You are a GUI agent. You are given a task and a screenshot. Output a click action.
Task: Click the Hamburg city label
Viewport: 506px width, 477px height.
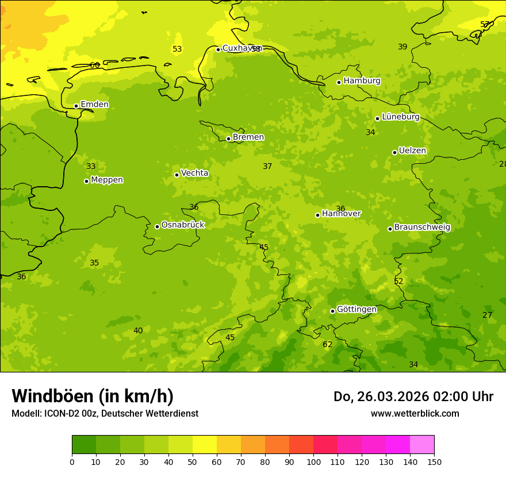tap(362, 81)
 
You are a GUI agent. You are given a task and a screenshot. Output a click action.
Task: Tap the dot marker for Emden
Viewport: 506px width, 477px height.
tap(76, 106)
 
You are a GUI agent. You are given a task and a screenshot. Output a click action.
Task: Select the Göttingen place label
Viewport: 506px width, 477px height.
tap(356, 309)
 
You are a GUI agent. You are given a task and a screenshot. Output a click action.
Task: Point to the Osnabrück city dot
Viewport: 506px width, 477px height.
tap(157, 226)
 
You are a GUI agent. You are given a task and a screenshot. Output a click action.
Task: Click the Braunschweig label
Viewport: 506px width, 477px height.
tap(422, 227)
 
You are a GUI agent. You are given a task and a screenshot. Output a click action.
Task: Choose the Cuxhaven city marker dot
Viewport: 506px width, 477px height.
tap(218, 49)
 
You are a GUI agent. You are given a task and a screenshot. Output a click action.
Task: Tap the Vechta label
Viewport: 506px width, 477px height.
tap(194, 173)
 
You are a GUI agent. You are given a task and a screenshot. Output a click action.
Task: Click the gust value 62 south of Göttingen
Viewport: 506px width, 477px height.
tap(327, 345)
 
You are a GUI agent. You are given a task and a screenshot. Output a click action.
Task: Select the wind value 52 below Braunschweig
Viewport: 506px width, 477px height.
tap(398, 282)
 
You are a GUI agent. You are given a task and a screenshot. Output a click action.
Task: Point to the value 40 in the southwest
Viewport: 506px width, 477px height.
tap(138, 330)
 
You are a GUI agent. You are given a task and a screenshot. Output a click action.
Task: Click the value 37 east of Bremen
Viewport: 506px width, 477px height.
tap(267, 167)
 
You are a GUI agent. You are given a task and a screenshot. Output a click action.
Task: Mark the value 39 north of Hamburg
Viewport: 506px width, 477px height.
tap(402, 47)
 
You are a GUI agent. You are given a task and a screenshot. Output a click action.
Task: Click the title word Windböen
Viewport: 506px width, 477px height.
tap(52, 396)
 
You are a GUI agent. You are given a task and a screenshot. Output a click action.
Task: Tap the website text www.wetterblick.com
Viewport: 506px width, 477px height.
tap(415, 414)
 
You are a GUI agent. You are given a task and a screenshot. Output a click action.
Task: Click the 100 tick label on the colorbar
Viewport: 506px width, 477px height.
tap(313, 461)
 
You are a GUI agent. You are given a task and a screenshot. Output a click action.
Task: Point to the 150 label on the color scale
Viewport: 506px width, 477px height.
tap(434, 461)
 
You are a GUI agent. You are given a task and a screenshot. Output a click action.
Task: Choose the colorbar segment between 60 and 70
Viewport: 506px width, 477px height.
tap(229, 445)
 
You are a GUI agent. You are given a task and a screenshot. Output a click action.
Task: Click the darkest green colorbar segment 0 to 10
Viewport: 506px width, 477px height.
tap(84, 445)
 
